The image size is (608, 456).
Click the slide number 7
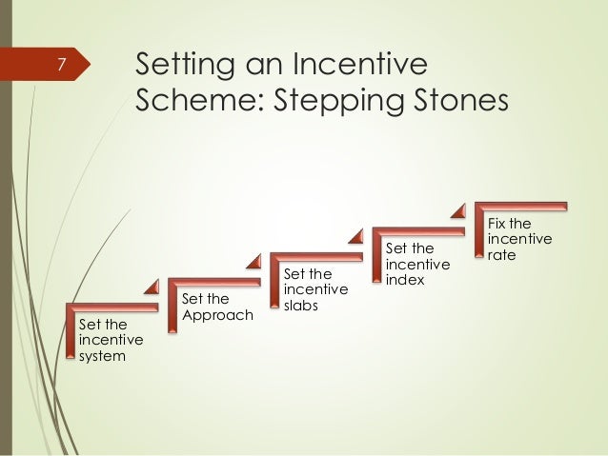pyautogui.click(x=60, y=65)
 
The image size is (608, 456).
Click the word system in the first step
pyautogui.click(x=101, y=356)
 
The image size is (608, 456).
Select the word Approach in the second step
pyautogui.click(x=217, y=315)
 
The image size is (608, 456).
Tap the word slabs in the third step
pyautogui.click(x=303, y=307)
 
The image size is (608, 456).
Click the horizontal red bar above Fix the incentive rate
pyautogui.click(x=522, y=205)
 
